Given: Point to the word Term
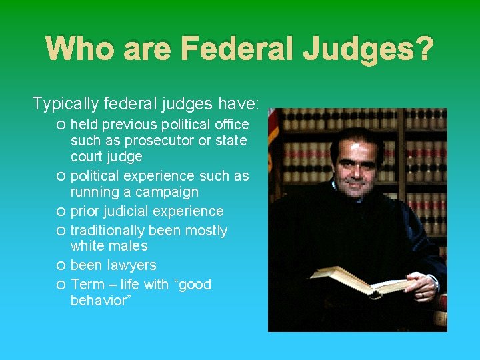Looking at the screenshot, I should pyautogui.click(x=87, y=285).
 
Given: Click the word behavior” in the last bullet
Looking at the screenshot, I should pyautogui.click(x=101, y=301).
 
